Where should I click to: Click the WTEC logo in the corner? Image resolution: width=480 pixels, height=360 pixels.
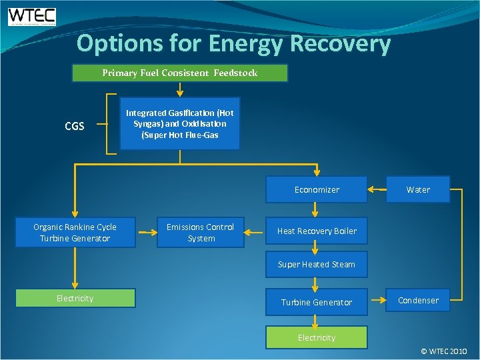[32, 17]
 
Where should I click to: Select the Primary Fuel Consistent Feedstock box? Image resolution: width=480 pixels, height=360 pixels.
[179, 73]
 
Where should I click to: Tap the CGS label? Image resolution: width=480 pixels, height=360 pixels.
[74, 125]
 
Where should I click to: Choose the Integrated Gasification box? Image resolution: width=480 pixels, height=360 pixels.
[179, 124]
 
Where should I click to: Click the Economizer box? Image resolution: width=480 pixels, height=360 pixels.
[317, 189]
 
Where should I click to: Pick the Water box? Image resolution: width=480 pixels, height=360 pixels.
[418, 189]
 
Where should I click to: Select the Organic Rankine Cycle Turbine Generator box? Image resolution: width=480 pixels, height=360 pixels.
[75, 233]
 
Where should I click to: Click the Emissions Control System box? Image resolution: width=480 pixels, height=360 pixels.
[200, 233]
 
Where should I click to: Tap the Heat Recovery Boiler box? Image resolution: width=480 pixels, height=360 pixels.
[317, 231]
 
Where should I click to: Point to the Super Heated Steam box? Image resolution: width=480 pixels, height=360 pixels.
[317, 264]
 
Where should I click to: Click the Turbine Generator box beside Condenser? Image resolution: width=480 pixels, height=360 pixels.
[317, 302]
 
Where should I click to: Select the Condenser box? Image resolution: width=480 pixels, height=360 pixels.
[418, 300]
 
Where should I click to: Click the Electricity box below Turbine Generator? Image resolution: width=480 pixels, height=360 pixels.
[317, 337]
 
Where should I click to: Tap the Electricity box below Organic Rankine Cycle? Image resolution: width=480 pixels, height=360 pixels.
[75, 298]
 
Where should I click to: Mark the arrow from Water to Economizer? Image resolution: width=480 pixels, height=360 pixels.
[377, 189]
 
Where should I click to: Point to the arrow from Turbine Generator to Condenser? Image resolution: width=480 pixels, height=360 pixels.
[377, 301]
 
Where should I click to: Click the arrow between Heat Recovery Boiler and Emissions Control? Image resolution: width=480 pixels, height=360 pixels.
[255, 232]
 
